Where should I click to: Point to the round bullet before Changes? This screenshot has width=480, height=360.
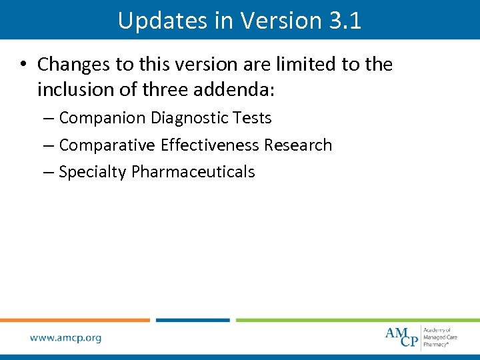click(23, 65)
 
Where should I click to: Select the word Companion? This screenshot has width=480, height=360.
click(102, 118)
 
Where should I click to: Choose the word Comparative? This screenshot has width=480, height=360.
click(107, 145)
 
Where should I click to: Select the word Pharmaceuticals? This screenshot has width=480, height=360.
click(193, 172)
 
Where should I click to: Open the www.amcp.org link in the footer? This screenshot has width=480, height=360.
click(66, 338)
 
